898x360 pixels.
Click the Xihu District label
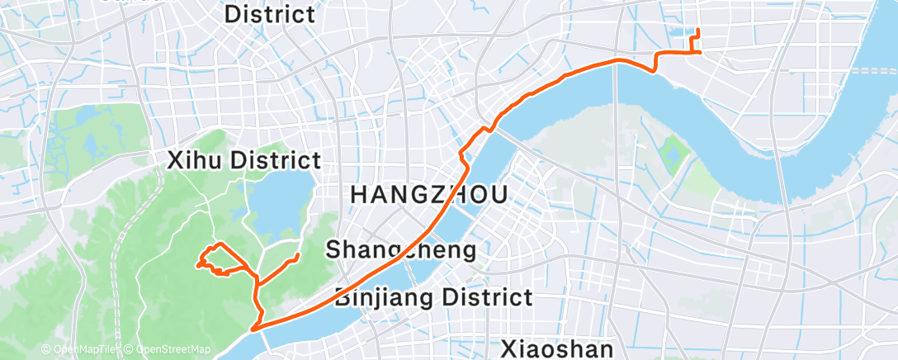(243, 160)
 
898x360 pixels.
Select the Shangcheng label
(401, 249)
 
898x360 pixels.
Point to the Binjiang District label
(433, 297)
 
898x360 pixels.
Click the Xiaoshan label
(558, 348)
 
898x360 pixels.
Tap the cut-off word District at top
(270, 13)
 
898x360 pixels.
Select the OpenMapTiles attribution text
(81, 350)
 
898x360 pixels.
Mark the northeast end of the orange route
(698, 31)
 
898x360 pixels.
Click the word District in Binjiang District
(486, 297)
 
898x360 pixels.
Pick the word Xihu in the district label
(196, 160)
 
